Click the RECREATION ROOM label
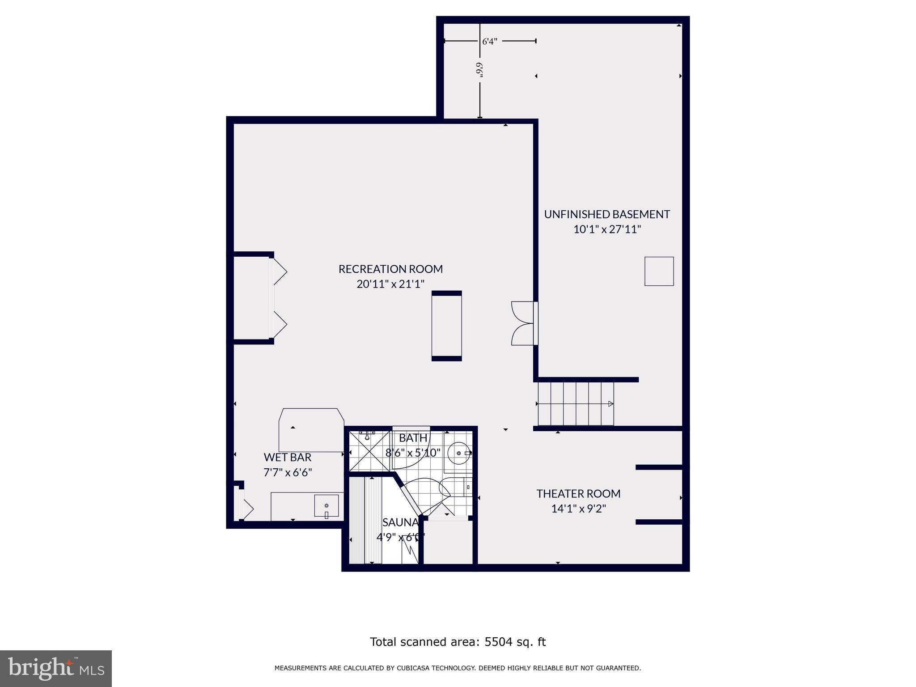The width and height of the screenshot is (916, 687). pos(390,269)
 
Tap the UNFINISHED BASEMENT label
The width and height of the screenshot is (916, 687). pos(606,214)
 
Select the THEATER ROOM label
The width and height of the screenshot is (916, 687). pos(578,493)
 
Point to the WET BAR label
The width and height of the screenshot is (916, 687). pos(287,457)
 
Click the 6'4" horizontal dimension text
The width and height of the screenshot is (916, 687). pos(489,42)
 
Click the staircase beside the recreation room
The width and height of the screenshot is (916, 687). pos(576,404)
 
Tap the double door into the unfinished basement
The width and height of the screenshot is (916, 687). pos(524,323)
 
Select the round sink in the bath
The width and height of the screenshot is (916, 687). pos(458,453)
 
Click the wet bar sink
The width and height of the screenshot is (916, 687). pos(326,506)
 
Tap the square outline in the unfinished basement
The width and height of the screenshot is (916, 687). pos(659,271)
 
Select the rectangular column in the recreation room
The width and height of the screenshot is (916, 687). pos(446,326)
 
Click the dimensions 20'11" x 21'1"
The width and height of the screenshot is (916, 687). pos(390,284)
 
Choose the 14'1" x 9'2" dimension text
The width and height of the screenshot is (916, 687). pos(578,509)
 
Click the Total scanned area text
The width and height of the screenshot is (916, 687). pos(458,642)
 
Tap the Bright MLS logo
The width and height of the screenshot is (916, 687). pos(56,668)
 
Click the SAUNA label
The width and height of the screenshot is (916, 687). pos(400,522)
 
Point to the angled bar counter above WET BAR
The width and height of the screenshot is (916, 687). pos(311,429)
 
